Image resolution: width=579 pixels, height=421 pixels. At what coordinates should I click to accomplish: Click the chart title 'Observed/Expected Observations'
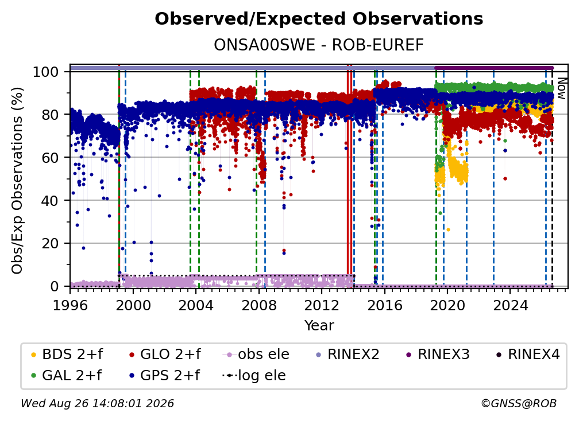point(319,19)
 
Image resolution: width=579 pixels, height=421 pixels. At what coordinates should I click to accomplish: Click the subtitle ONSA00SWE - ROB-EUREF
point(319,45)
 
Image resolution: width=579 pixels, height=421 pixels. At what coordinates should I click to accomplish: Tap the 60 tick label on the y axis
point(50,157)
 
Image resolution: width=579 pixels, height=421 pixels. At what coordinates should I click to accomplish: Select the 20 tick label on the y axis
point(50,243)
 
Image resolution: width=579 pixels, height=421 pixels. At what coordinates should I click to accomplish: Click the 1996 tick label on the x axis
point(70,305)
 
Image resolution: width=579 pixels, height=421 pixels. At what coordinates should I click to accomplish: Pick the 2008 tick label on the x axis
point(259,305)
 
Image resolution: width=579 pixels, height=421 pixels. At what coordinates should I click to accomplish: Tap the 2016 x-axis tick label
point(384,305)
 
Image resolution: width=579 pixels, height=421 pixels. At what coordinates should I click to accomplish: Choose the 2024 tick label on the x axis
point(510,305)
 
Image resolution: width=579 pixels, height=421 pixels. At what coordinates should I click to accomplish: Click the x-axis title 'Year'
point(319,326)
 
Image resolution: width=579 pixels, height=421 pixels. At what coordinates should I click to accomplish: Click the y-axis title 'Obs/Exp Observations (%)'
point(17,181)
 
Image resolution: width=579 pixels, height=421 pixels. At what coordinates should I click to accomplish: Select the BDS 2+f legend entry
point(67,354)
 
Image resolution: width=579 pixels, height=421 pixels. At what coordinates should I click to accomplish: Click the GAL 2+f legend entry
point(67,375)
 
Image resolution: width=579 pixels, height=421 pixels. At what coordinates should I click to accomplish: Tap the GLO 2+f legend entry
point(165,354)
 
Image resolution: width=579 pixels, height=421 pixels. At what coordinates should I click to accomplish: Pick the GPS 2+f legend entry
point(164,375)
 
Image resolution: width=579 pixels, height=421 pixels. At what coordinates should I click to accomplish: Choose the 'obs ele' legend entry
point(256,354)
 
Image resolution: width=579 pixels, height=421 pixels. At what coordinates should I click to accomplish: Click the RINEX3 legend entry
point(438,354)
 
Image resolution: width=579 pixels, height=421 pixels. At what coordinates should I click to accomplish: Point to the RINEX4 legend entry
point(528,354)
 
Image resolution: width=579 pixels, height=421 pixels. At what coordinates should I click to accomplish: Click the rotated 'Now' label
point(561,88)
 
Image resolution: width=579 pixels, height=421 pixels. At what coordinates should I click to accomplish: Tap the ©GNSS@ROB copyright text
point(519,403)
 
